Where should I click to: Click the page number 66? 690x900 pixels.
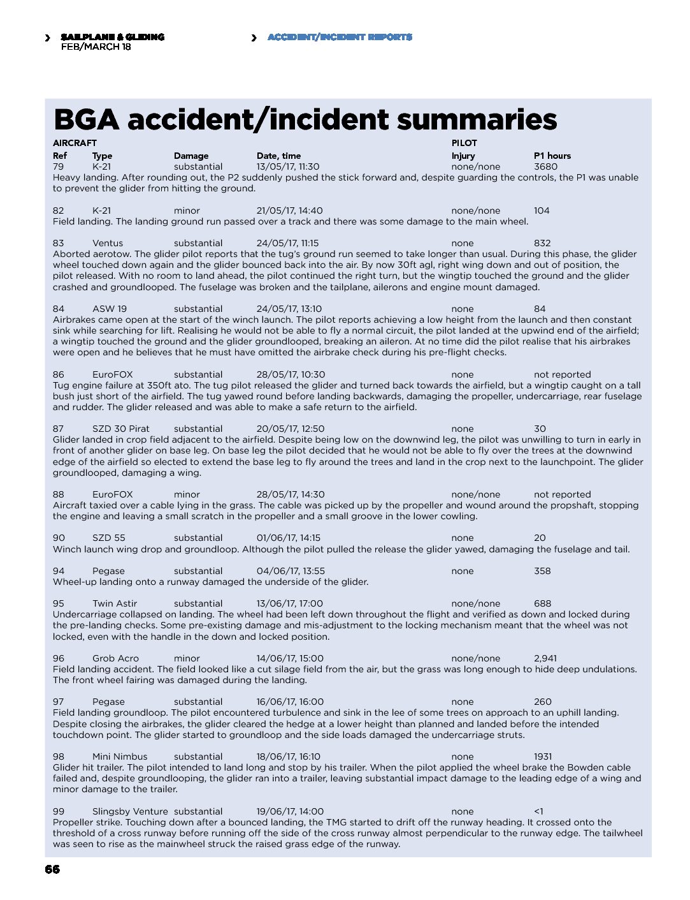[x=52, y=869]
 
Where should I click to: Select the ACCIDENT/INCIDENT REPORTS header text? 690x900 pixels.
[x=340, y=37]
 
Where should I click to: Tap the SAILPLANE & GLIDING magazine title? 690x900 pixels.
[x=113, y=37]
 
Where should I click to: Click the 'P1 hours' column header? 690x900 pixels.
[x=552, y=156]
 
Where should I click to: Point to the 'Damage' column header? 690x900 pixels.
[x=191, y=156]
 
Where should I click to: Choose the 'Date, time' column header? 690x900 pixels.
[x=278, y=156]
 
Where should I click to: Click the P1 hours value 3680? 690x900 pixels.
[x=545, y=166]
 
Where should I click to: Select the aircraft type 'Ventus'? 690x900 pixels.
[x=108, y=243]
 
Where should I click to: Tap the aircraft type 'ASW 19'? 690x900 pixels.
[x=110, y=309]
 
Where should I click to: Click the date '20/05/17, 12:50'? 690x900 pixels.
[x=290, y=429]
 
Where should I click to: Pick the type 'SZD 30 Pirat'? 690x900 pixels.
[x=121, y=429]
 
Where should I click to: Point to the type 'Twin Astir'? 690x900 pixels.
[x=115, y=603]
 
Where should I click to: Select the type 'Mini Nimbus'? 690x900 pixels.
[x=120, y=756]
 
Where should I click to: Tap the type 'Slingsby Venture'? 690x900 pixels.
[x=130, y=811]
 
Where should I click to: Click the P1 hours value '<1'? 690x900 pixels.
[x=538, y=811]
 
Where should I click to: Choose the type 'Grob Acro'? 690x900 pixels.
[x=115, y=658]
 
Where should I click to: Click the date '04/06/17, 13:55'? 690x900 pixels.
[x=291, y=571]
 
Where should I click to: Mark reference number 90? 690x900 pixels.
[x=59, y=538]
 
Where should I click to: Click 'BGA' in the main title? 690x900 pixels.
[x=87, y=120]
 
